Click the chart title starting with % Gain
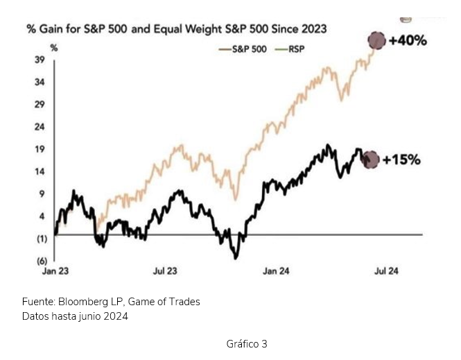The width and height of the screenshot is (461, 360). [176, 29]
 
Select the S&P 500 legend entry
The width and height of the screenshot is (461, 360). [242, 50]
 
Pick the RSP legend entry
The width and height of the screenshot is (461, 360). [292, 50]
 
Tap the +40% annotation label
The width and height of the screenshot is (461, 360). [408, 41]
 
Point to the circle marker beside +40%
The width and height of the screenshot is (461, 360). [376, 41]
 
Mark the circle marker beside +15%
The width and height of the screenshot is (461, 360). [372, 160]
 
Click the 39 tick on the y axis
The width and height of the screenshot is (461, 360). [40, 60]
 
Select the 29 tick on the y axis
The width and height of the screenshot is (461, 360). [40, 105]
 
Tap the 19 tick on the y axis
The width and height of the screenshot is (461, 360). [40, 149]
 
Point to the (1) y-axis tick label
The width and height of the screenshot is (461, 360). [40, 239]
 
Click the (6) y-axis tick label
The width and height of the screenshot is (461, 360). [40, 261]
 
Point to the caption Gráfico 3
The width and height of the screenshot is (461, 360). [247, 344]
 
